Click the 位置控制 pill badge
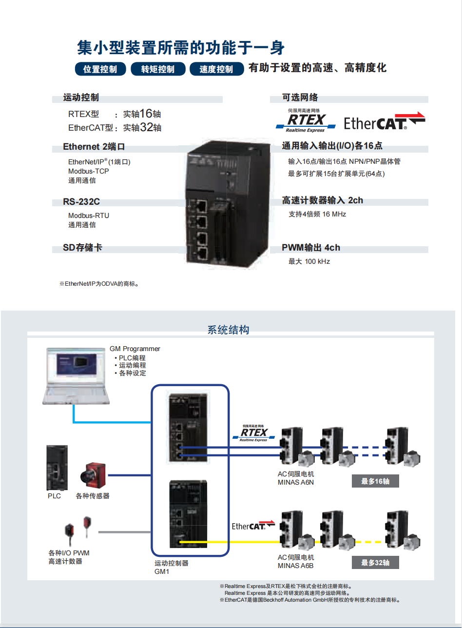pyautogui.click(x=100, y=69)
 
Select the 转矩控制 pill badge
pyautogui.click(x=158, y=69)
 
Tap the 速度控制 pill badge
pyautogui.click(x=216, y=69)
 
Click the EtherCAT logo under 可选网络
pyautogui.click(x=385, y=121)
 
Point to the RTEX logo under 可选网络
pyautogui.click(x=306, y=121)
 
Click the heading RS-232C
pyautogui.click(x=81, y=202)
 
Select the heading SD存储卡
pyautogui.click(x=82, y=248)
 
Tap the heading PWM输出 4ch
pyautogui.click(x=311, y=248)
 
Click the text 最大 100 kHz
pyautogui.click(x=309, y=261)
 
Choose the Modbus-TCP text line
pyautogui.click(x=89, y=171)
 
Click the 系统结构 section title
pyautogui.click(x=228, y=330)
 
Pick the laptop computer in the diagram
pyautogui.click(x=75, y=376)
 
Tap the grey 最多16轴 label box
pyautogui.click(x=375, y=481)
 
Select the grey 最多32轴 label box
pyautogui.click(x=375, y=563)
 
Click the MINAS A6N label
pyautogui.click(x=296, y=483)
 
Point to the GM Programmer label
pyautogui.click(x=135, y=349)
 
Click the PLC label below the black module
pyautogui.click(x=54, y=496)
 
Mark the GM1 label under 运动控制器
pyautogui.click(x=162, y=571)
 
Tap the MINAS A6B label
pyautogui.click(x=296, y=566)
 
